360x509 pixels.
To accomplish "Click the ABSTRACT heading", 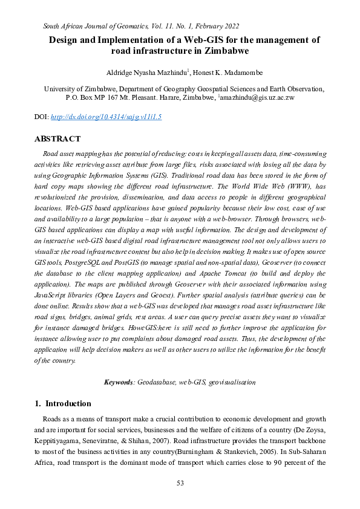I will coord(57,139).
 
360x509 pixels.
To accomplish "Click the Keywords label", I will coord(119,382).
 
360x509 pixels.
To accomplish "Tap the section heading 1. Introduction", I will coord(63,404).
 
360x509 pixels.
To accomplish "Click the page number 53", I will coord(180,482).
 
